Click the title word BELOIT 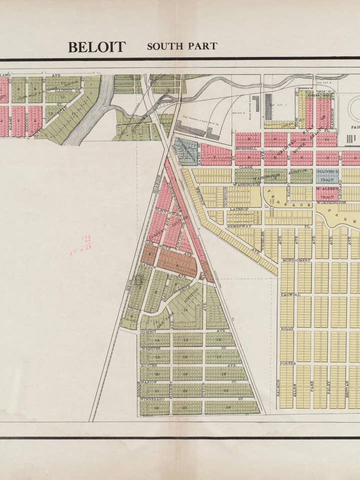(96, 47)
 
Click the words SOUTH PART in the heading (182, 46)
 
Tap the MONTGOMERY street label (296, 260)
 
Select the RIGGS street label (286, 329)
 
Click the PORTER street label (288, 363)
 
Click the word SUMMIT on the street (148, 331)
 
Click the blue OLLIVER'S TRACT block (327, 175)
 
